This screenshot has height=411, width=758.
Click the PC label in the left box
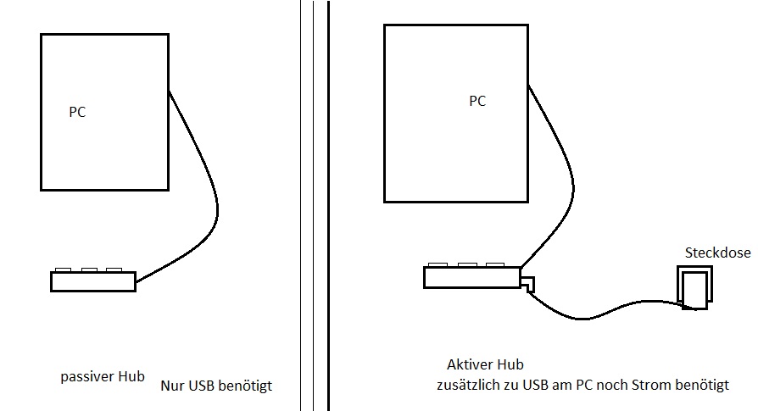pyautogui.click(x=77, y=111)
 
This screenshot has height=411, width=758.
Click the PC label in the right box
pyautogui.click(x=477, y=101)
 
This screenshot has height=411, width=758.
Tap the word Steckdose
pyautogui.click(x=717, y=253)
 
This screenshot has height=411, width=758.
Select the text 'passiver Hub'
pyautogui.click(x=103, y=376)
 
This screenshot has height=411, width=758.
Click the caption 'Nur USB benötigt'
pyautogui.click(x=217, y=386)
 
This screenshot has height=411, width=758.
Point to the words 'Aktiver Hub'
pyautogui.click(x=485, y=364)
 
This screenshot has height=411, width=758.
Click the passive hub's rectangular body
pyautogui.click(x=92, y=281)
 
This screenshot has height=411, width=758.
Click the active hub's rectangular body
pyautogui.click(x=471, y=277)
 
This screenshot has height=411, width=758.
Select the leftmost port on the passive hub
pyautogui.click(x=63, y=269)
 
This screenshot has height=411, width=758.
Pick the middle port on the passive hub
pyautogui.click(x=89, y=269)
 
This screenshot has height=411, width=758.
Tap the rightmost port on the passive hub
pyautogui.click(x=114, y=269)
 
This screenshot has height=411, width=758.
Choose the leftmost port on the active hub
pyautogui.click(x=438, y=265)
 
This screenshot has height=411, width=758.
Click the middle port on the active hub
pyautogui.click(x=465, y=265)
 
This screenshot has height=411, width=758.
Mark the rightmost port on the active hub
pyautogui.click(x=491, y=265)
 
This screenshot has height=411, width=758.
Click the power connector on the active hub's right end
pyautogui.click(x=527, y=284)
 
